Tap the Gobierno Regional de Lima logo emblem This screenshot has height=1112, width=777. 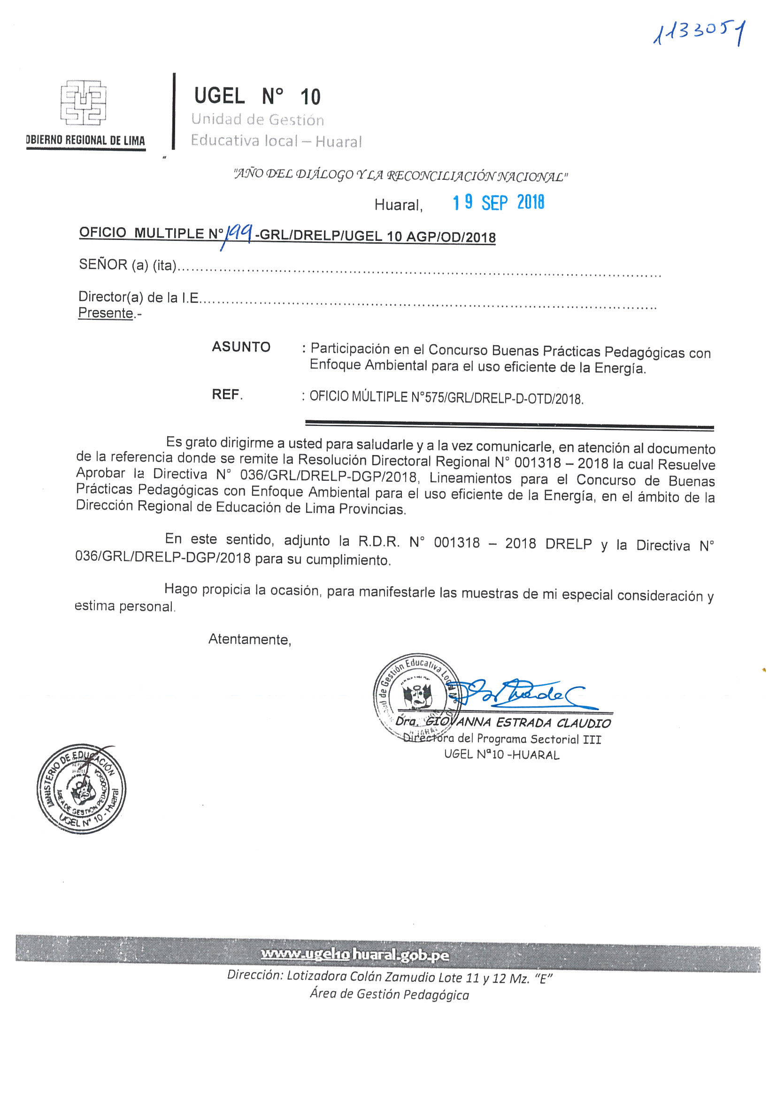click(83, 103)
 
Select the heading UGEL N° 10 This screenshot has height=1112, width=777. click(257, 96)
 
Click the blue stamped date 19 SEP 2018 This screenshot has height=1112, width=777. click(498, 202)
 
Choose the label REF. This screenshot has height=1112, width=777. click(227, 394)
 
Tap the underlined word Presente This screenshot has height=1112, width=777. click(106, 313)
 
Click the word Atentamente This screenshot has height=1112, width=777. click(249, 639)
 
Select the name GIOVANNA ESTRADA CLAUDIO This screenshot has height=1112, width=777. click(518, 723)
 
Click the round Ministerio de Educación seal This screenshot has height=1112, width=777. click(81, 788)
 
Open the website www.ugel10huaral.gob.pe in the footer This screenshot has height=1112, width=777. click(355, 955)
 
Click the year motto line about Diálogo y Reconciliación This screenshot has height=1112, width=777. click(400, 175)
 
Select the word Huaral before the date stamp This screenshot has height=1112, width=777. click(398, 205)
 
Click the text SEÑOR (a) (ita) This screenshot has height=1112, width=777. click(127, 265)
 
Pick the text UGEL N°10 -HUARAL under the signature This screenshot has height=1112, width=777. click(501, 755)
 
